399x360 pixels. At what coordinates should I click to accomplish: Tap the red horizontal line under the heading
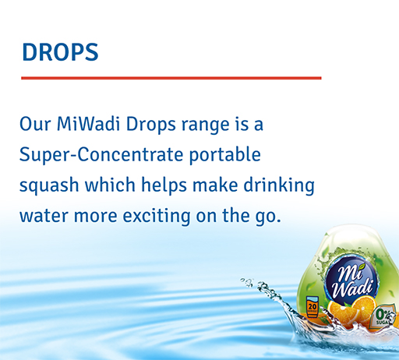[x=171, y=78]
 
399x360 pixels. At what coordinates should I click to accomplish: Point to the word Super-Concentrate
[x=101, y=154]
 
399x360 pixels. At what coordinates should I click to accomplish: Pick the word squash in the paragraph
[x=45, y=185]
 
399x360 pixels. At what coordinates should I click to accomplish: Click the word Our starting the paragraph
[x=35, y=124]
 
